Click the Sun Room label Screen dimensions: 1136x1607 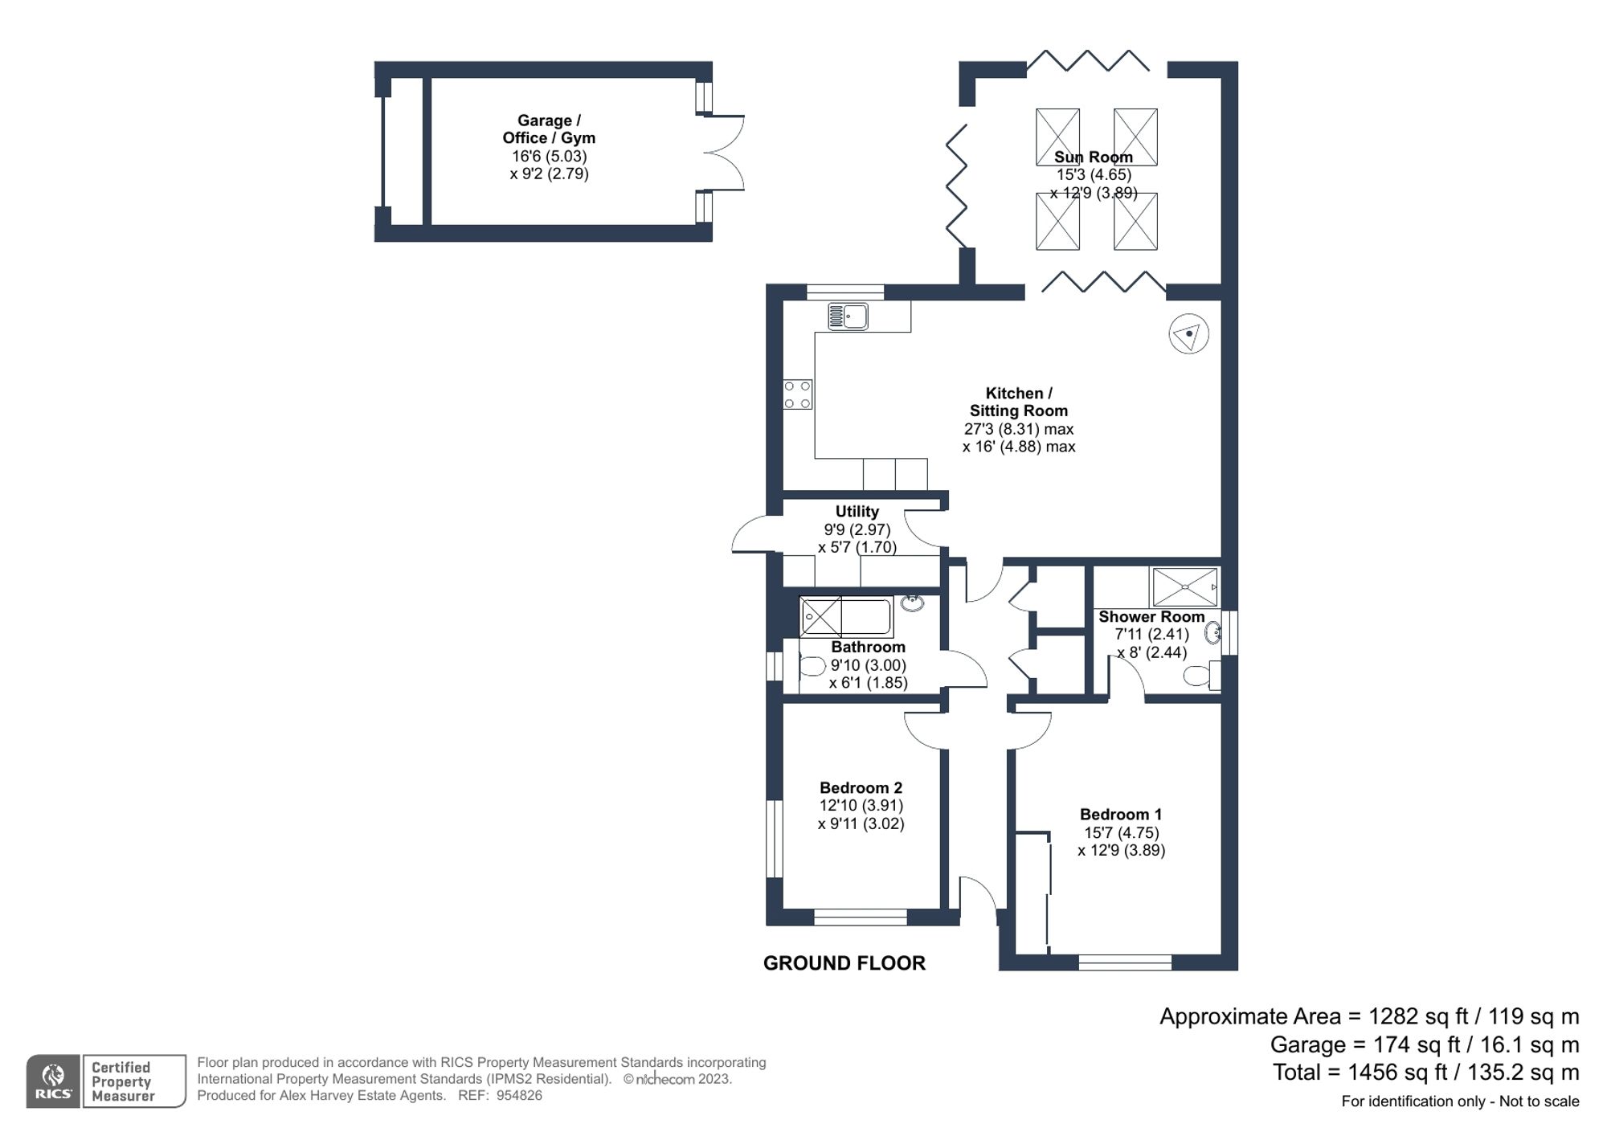point(1093,157)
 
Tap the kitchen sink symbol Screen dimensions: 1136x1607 point(848,316)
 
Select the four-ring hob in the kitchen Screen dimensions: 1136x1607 point(797,394)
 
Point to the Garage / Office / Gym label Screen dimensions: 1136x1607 point(549,129)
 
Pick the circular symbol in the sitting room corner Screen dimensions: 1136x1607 point(1188,333)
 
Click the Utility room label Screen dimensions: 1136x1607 point(857,512)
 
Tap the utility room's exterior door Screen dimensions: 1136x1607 point(751,537)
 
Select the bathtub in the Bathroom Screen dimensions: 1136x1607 point(845,617)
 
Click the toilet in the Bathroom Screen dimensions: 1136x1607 point(812,666)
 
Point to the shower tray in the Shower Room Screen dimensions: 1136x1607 point(1184,587)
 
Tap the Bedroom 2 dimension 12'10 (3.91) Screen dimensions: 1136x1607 point(861,806)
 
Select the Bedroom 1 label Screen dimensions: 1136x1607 point(1120,815)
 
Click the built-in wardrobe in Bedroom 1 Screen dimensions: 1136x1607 point(1033,892)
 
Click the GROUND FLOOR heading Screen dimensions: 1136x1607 point(844,963)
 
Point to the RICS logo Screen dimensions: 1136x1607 point(53,1081)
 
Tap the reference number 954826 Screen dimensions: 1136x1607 point(519,1096)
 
